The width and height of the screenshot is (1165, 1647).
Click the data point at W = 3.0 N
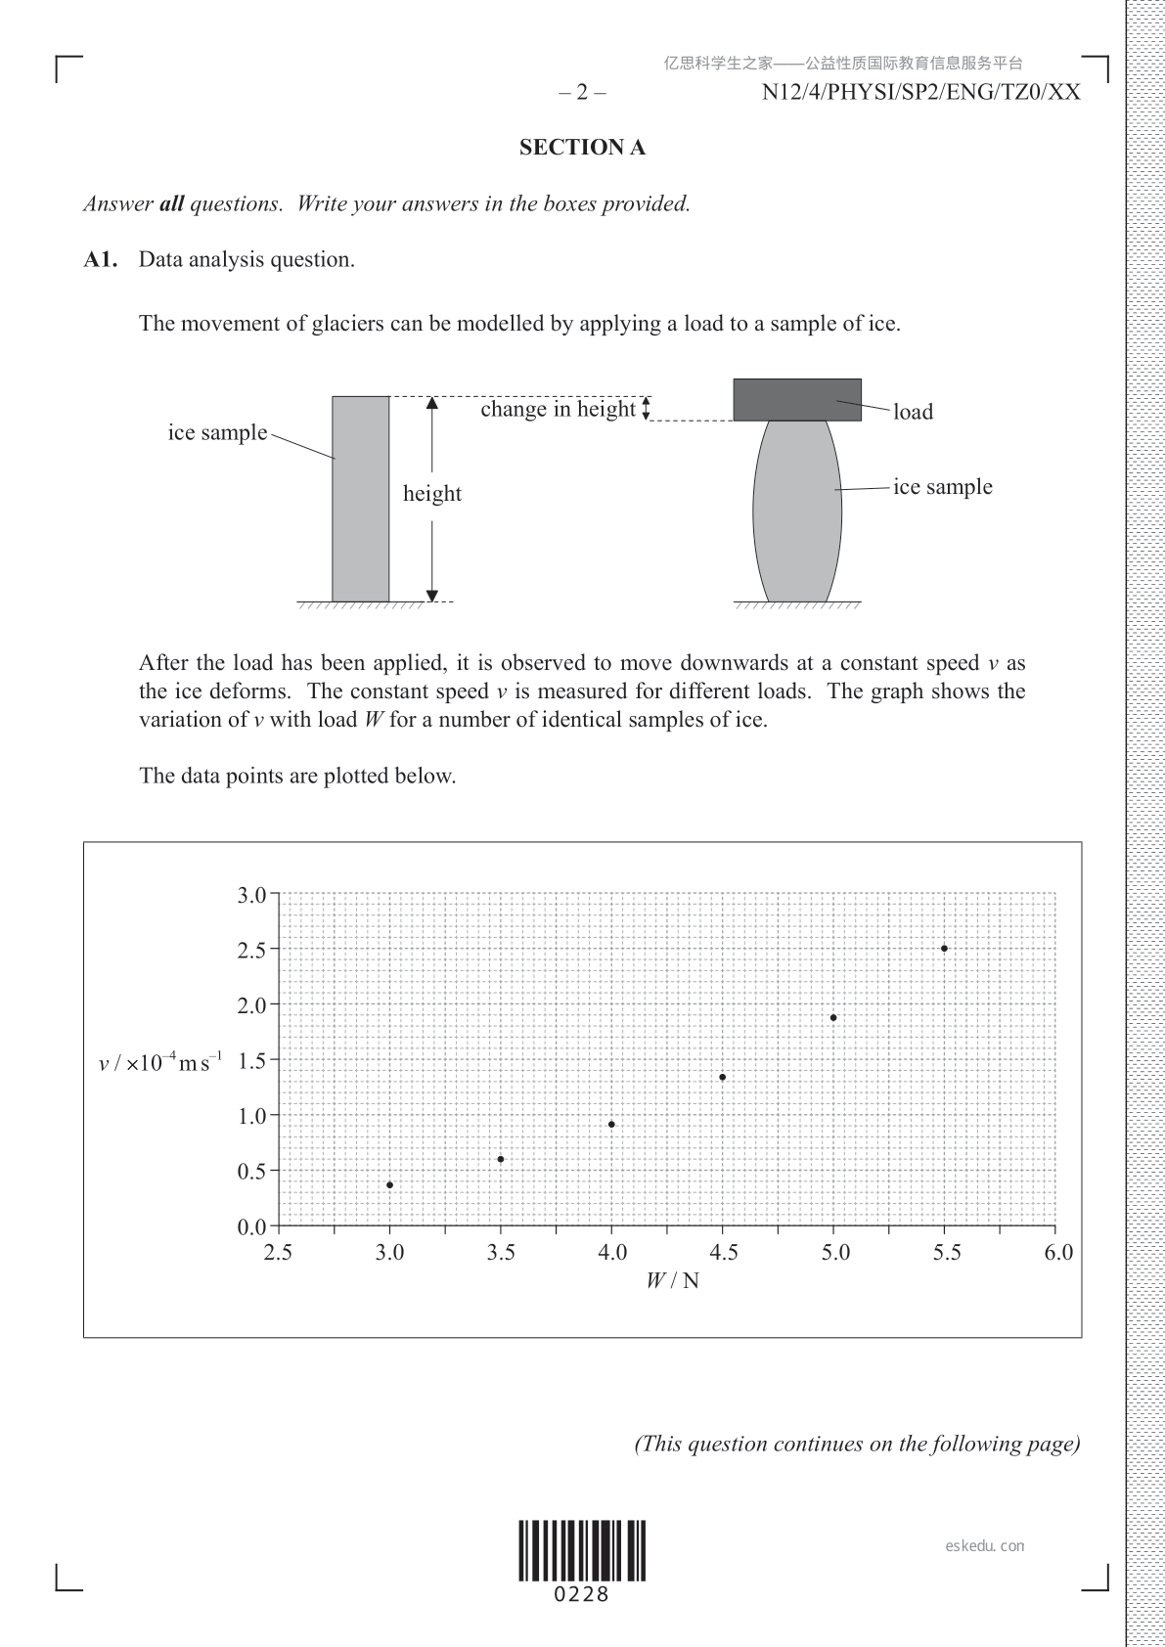pos(389,1184)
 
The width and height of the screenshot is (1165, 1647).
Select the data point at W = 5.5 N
pos(944,948)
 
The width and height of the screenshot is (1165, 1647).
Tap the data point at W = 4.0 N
pos(611,1124)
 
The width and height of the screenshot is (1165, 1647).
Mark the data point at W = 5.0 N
pos(833,1017)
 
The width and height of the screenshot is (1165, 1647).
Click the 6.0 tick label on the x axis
pos(1058,1253)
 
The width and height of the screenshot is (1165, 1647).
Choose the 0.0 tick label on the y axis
pos(252,1227)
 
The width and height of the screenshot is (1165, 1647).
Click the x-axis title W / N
pos(673,1280)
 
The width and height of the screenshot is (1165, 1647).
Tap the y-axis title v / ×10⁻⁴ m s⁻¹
pos(160,1062)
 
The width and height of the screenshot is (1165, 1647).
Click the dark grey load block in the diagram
pos(797,399)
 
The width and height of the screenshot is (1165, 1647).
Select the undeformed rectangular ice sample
pos(360,499)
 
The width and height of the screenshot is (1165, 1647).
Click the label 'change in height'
pos(558,409)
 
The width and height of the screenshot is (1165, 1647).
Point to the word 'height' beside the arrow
pos(431,494)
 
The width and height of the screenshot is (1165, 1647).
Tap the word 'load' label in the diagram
pos(913,412)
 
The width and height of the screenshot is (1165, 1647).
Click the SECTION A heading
pos(582,148)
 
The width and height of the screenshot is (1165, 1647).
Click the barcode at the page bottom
pos(582,1550)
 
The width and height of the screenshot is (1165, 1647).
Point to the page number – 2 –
pos(582,93)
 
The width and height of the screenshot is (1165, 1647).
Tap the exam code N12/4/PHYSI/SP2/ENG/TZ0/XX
pos(920,93)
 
